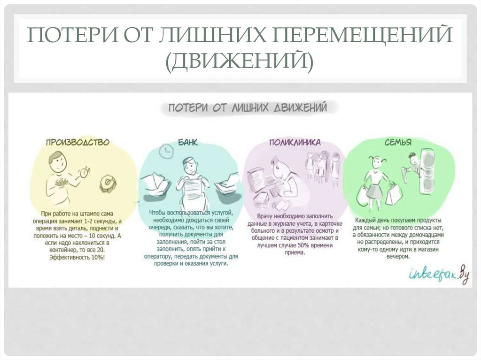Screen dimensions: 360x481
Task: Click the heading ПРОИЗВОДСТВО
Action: coord(78,141)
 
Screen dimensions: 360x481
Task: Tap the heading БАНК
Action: coord(188,142)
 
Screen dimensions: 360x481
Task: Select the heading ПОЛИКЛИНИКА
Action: coord(295,141)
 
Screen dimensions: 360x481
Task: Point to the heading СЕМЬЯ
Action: coord(398,142)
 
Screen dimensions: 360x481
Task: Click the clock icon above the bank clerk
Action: coord(165,151)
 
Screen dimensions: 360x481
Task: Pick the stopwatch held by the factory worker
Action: coord(84,172)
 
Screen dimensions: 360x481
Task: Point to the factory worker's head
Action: coord(57,161)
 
